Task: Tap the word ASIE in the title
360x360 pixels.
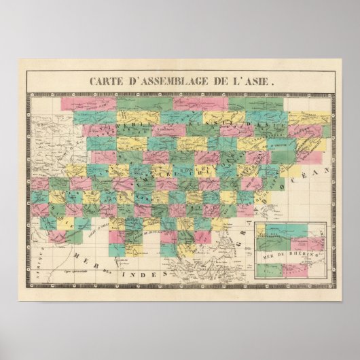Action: click(260, 80)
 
